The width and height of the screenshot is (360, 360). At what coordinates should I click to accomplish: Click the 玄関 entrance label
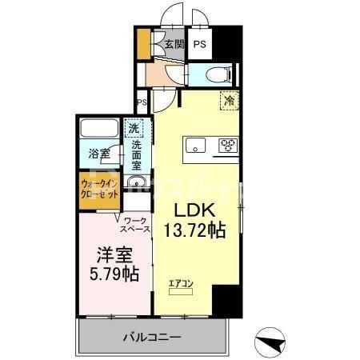174,45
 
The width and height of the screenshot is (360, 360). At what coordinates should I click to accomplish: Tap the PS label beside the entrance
199,45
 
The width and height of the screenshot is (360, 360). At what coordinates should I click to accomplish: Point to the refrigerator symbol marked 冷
229,102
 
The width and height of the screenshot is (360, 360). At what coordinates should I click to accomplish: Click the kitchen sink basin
197,145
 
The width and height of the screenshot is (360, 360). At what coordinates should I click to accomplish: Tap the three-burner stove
228,145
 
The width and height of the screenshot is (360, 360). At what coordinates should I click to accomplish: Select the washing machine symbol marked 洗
134,129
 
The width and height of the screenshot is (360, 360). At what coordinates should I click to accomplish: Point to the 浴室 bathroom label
99,152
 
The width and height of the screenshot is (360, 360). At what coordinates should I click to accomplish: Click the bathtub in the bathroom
99,128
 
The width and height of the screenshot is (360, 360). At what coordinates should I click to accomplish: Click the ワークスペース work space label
137,223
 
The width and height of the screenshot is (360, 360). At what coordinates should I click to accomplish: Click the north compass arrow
273,342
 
